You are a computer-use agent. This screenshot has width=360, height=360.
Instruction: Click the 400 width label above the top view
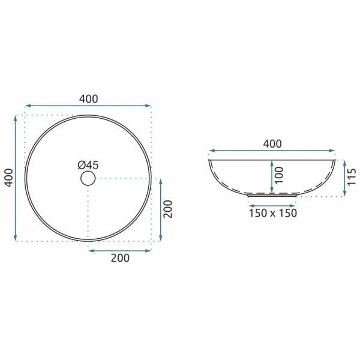pos(88,98)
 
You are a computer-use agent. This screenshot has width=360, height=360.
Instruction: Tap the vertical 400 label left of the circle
pos(7,178)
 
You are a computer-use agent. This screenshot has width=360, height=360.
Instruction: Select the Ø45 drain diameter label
pos(88,164)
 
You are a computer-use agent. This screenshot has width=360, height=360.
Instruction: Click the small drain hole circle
pos(88,178)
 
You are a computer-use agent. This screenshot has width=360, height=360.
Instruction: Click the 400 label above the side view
pos(272,144)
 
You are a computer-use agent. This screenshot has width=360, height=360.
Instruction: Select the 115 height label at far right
pos(353,178)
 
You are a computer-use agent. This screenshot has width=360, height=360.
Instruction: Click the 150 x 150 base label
pos(273,214)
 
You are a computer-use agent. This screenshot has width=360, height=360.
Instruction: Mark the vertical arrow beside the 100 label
pos(272,176)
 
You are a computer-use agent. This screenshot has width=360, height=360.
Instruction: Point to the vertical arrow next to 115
pos(344,178)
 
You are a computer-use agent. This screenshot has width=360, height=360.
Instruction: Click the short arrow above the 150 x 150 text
pos(273,202)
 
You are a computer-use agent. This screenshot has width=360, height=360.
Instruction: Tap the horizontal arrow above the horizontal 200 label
pos(120,249)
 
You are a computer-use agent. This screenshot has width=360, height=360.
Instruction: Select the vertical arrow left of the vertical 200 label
pos(160,209)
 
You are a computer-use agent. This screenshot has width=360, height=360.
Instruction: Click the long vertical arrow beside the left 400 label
pos(16,178)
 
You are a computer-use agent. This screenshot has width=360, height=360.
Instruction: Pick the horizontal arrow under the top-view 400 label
pos(88,106)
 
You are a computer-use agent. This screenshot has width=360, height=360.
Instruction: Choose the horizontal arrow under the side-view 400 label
pos(272,151)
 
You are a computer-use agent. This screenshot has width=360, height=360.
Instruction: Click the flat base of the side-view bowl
pos(273,195)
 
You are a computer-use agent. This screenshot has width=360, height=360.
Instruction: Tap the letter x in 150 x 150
pos(273,214)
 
